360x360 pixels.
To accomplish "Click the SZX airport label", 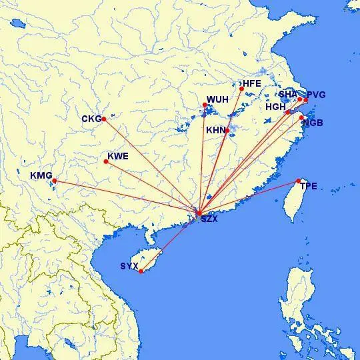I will [x=209, y=219].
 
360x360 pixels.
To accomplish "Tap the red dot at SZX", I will [x=199, y=213].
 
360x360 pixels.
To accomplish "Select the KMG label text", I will [x=41, y=175].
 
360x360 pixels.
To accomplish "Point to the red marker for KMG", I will [x=54, y=181].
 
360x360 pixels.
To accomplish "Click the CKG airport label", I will [x=91, y=119].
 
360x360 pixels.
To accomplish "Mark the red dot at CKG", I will [x=103, y=119].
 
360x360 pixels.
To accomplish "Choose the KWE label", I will [x=117, y=157].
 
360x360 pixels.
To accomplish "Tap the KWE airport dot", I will [x=105, y=161].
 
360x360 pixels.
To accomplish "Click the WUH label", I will [x=217, y=100].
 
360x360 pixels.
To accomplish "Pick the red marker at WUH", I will [x=205, y=105].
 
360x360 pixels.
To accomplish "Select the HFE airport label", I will [x=253, y=84].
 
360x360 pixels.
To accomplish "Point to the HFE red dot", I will [x=241, y=88].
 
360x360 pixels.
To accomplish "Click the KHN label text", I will [x=216, y=130].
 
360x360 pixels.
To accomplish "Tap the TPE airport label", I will [x=309, y=185].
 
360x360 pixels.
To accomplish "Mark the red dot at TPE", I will [x=298, y=181].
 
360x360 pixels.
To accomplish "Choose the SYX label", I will [x=129, y=267].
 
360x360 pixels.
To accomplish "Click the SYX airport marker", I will [x=141, y=271].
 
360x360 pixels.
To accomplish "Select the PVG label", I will [x=316, y=95].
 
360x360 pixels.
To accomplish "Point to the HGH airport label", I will [x=275, y=107].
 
